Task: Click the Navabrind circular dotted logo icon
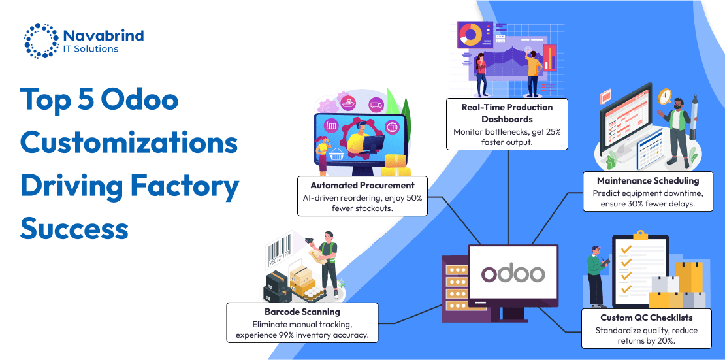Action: [40, 41]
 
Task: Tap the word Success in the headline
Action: [74, 229]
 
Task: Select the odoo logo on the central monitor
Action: [513, 273]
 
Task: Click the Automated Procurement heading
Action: [362, 185]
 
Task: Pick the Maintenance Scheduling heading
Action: [648, 180]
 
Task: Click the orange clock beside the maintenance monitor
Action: [664, 97]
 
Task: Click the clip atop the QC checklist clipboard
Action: [640, 234]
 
